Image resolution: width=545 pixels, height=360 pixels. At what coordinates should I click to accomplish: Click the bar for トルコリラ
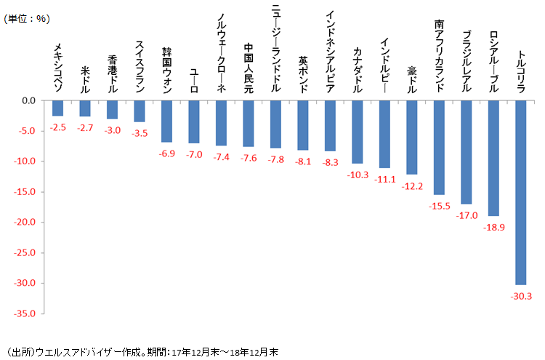click(x=520, y=192)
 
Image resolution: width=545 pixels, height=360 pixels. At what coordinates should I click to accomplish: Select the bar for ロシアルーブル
click(x=493, y=158)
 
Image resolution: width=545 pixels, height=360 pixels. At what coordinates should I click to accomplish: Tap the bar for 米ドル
click(x=85, y=108)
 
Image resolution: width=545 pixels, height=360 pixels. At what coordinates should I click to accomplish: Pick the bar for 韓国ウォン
click(x=166, y=121)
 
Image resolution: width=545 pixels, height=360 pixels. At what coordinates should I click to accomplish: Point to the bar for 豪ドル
click(x=411, y=137)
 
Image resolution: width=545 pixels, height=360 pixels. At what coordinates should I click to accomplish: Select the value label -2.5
click(x=58, y=128)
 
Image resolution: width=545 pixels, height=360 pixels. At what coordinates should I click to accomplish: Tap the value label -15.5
click(x=439, y=206)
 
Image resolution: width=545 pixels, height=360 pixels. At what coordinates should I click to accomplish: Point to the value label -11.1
click(x=384, y=179)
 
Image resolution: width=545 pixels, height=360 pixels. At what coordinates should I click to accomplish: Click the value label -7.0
click(x=194, y=155)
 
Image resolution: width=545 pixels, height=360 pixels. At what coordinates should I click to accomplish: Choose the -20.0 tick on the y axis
click(x=27, y=222)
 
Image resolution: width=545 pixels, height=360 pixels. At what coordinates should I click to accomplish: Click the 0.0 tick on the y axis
click(x=31, y=100)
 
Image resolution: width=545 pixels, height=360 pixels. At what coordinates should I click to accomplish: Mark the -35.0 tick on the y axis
click(x=27, y=313)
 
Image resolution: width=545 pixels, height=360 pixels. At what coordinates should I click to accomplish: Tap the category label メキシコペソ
click(x=58, y=68)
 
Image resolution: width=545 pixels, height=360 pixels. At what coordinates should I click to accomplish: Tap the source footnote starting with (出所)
click(x=141, y=350)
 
